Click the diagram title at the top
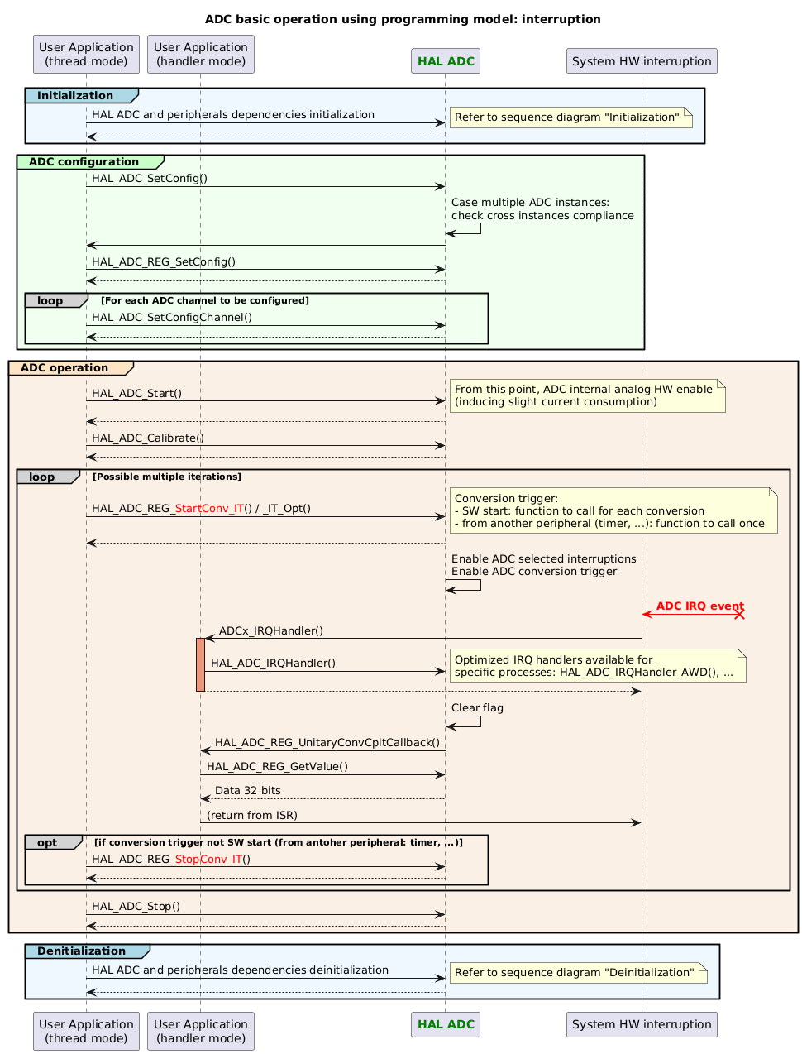pyautogui.click(x=403, y=19)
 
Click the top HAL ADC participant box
pyautogui.click(x=446, y=61)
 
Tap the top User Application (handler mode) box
pyautogui.click(x=200, y=54)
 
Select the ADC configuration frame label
pyautogui.click(x=84, y=161)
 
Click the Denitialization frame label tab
pyautogui.click(x=82, y=951)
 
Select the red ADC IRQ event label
pyautogui.click(x=699, y=606)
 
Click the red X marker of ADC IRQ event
pyautogui.click(x=740, y=614)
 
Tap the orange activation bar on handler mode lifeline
pyautogui.click(x=200, y=664)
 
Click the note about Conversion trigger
pyautogui.click(x=613, y=510)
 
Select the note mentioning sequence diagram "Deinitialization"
pyautogui.click(x=577, y=972)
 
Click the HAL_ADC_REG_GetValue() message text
pyautogui.click(x=277, y=767)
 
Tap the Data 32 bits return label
pyautogui.click(x=248, y=791)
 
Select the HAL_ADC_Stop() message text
pyautogui.click(x=136, y=906)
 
